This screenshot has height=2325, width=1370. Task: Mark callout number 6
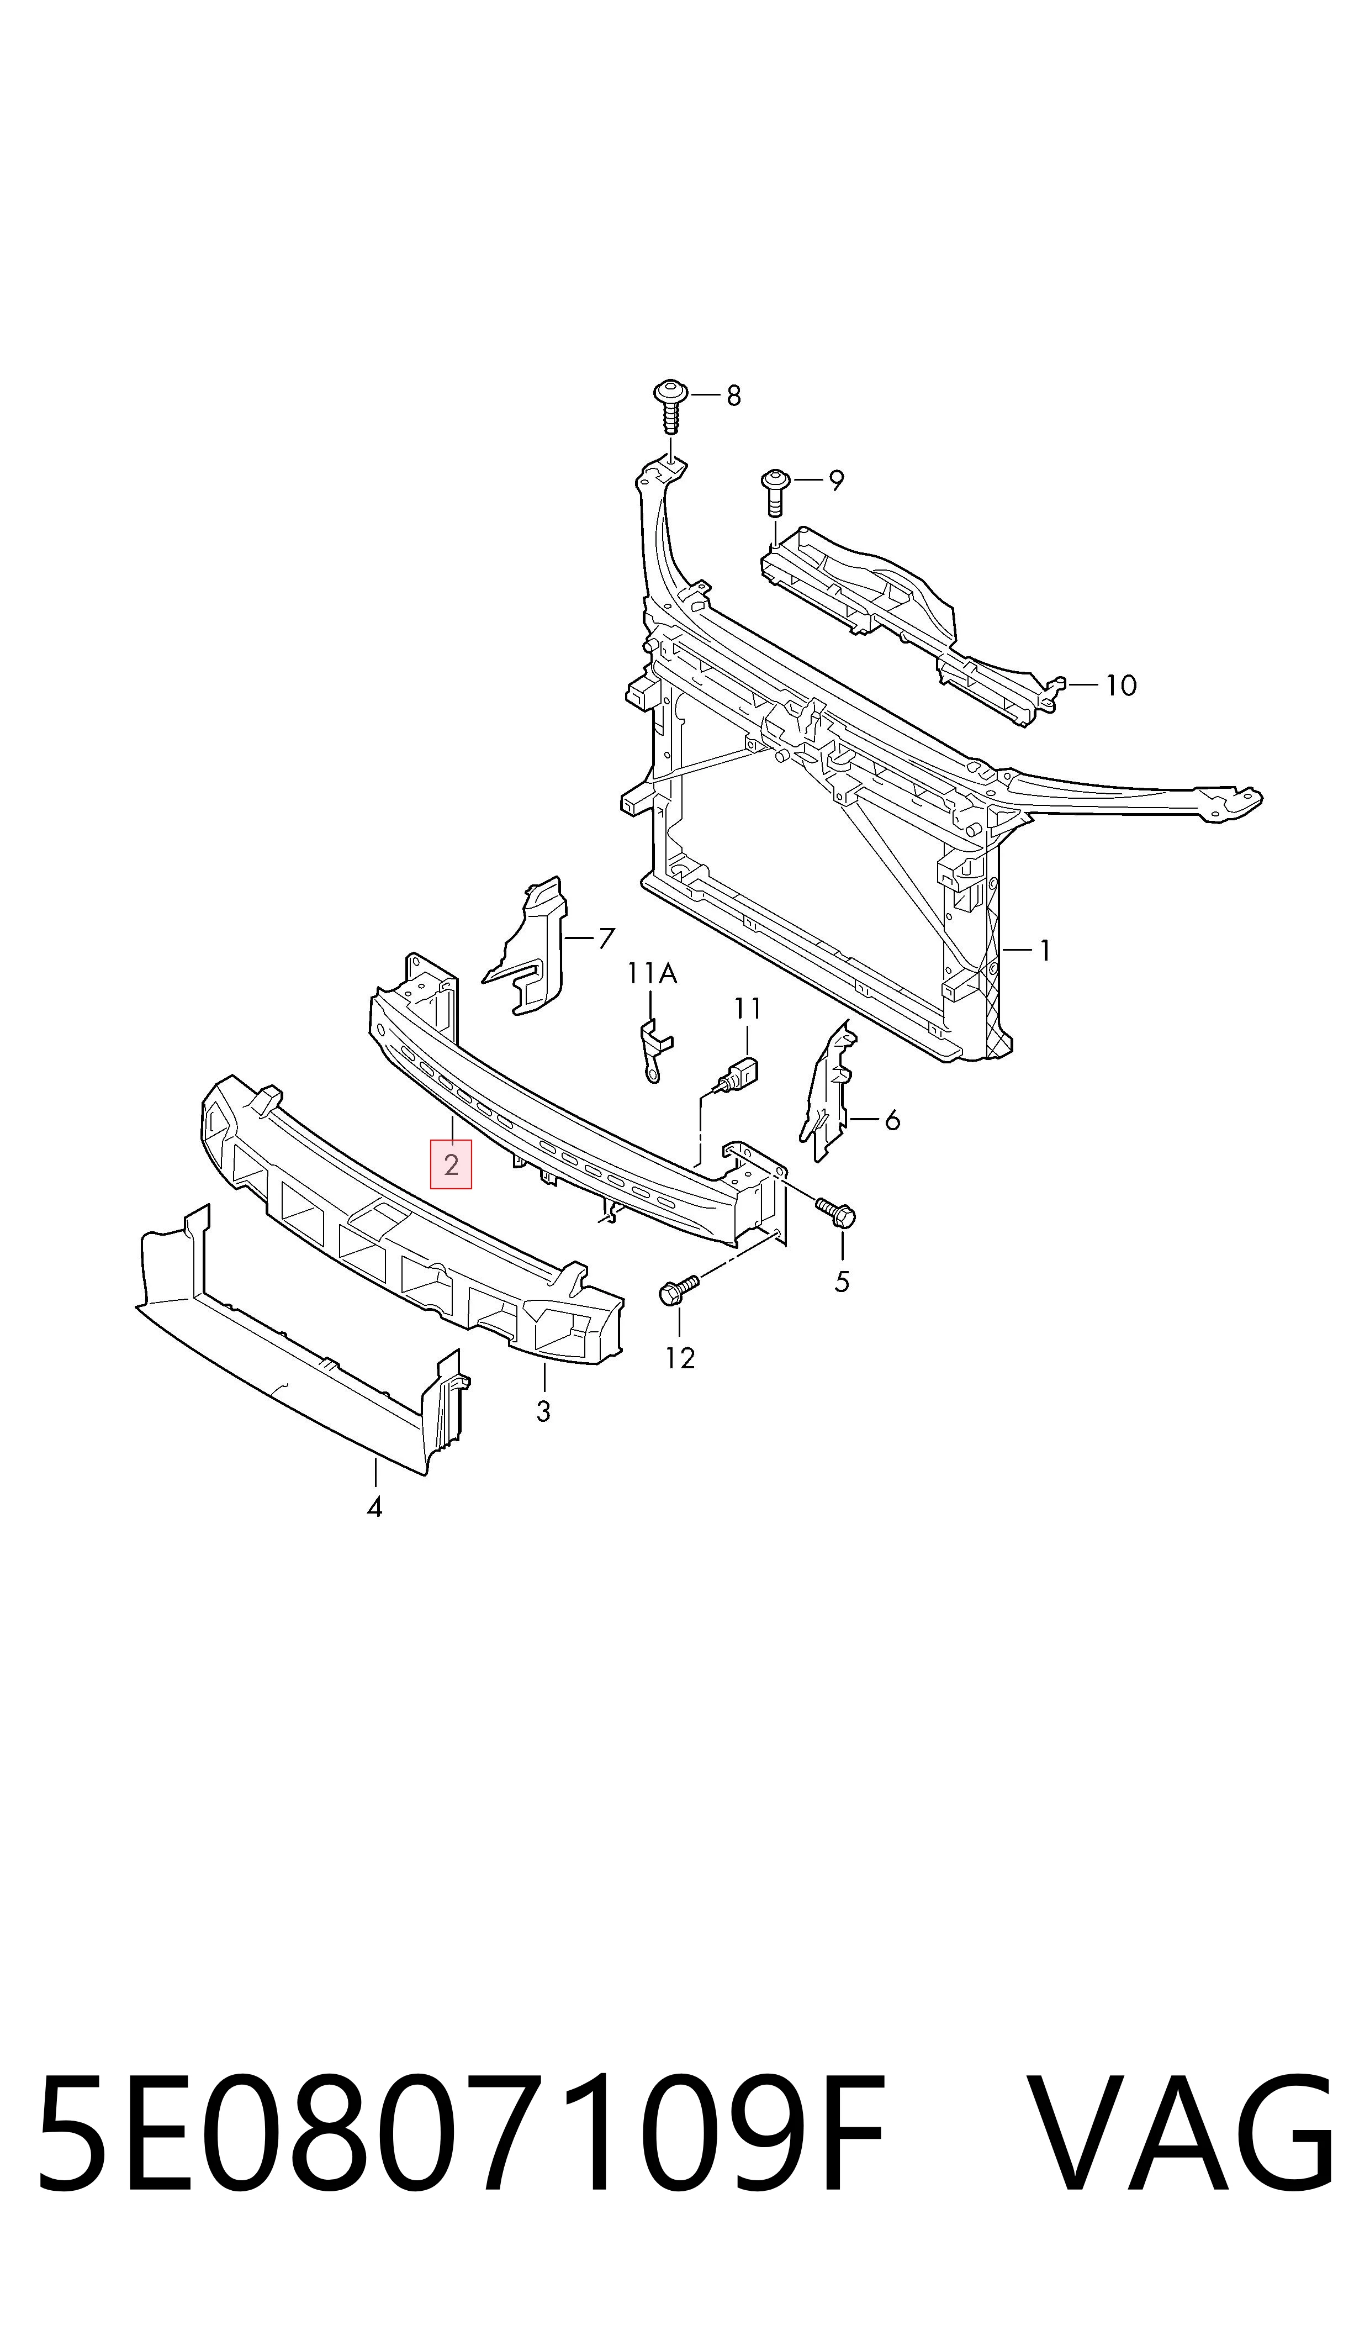point(892,1120)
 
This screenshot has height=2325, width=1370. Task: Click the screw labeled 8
point(671,406)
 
